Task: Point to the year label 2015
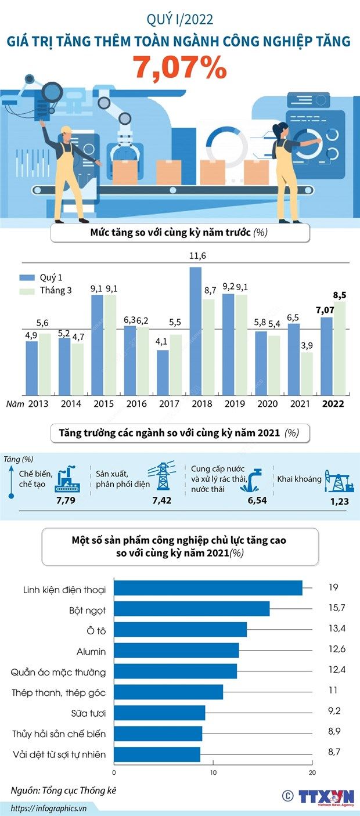coord(103,404)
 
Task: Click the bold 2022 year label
coord(333,404)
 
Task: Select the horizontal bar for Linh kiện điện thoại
coord(208,588)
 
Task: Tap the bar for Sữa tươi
coord(160,713)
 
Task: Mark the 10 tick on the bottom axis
coord(213,772)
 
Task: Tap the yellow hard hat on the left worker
coord(64,129)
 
